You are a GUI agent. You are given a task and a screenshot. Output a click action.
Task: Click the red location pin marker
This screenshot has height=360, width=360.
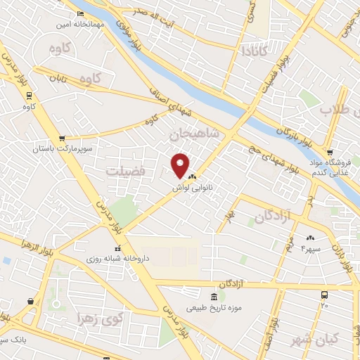click(181, 165)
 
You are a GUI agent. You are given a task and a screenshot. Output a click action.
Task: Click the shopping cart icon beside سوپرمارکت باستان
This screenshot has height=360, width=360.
click(63, 139)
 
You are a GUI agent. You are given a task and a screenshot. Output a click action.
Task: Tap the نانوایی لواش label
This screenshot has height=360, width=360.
click(198, 188)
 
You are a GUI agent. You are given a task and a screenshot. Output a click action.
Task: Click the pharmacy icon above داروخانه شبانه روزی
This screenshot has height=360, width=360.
click(119, 248)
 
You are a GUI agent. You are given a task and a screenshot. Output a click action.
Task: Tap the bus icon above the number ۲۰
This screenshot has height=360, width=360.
click(324, 295)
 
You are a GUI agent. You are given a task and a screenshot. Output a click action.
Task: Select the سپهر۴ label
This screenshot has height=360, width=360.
click(310, 248)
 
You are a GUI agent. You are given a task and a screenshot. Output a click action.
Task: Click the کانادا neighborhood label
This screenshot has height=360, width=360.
click(252, 51)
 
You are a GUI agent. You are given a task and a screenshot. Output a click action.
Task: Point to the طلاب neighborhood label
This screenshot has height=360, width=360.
click(335, 109)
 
